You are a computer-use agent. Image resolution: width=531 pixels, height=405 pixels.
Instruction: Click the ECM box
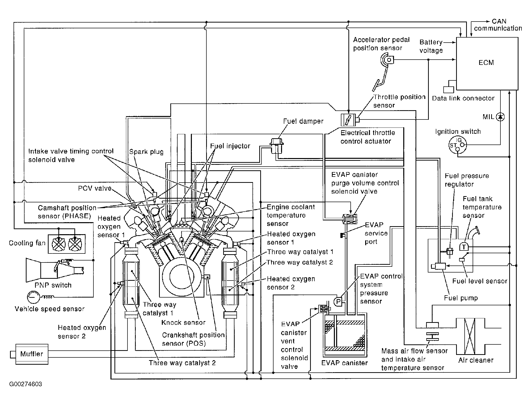coord(487,63)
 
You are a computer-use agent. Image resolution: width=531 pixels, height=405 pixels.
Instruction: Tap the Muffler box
coord(32,354)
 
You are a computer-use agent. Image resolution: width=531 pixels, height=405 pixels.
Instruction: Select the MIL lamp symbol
coord(500,117)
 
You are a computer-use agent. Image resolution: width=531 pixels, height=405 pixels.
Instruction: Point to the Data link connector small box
coord(448,89)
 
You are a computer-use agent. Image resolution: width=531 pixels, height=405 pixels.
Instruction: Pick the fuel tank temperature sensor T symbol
coord(464,247)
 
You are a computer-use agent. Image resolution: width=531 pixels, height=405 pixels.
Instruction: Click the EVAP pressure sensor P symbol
coord(338,302)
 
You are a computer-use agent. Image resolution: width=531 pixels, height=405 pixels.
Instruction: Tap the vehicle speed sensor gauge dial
coord(33,297)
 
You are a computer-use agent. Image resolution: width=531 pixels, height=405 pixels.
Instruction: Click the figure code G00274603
coord(26,384)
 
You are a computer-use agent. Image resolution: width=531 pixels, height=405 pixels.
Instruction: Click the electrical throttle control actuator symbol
coord(348,120)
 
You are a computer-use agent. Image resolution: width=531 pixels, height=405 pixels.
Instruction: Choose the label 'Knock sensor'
coord(183,323)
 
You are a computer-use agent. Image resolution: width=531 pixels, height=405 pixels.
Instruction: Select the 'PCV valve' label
coord(95,188)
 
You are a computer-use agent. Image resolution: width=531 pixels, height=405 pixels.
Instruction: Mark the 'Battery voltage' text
coord(431,46)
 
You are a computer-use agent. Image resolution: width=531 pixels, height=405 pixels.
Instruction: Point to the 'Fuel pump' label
coord(461,298)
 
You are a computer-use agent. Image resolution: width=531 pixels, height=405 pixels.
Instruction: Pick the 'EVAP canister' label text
coord(344,363)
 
